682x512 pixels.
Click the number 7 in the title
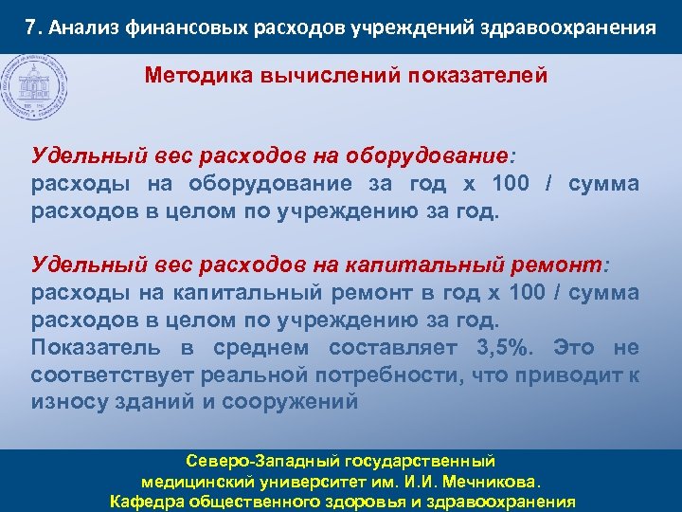click(x=32, y=27)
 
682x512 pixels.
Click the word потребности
click(x=392, y=374)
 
